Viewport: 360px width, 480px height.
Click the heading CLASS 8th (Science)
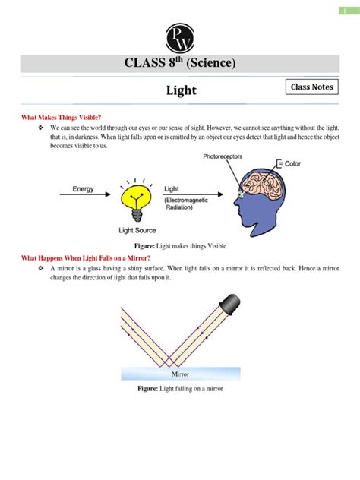click(179, 63)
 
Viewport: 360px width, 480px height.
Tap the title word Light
click(181, 90)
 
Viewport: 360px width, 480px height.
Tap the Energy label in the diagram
click(84, 188)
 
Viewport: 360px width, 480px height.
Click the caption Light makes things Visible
click(179, 246)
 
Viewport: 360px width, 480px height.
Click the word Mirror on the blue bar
click(181, 374)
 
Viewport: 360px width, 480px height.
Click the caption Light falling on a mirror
click(179, 389)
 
